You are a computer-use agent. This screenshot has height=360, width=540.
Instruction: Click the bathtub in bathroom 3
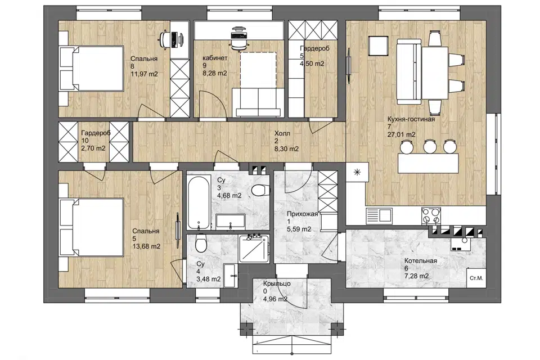pos(199,202)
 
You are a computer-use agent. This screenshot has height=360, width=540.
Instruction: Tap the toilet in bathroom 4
pos(200,243)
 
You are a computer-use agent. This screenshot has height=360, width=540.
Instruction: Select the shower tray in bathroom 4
pos(254,249)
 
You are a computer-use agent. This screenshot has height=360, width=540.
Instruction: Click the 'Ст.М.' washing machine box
pos(476,278)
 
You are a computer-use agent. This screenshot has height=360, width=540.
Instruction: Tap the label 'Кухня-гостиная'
pos(411,119)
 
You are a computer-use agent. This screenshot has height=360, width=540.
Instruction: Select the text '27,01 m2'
pos(401,134)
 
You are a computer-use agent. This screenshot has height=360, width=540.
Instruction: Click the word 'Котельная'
pos(421,261)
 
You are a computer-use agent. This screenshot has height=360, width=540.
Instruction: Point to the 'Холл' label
pos(282,133)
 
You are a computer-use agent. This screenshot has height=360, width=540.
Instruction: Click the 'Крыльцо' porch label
pos(277,284)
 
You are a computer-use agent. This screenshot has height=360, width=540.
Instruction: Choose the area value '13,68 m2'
pos(146,246)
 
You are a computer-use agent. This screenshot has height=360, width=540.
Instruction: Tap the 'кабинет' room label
pos(215,58)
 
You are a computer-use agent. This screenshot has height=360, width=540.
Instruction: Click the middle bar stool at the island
pos(430,146)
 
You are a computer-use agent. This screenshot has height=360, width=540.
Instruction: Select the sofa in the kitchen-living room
pos(409,71)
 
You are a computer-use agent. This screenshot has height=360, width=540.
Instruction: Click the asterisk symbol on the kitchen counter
pos(357,172)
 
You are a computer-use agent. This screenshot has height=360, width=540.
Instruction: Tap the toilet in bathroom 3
pos(260,190)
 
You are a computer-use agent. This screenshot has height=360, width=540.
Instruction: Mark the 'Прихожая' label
pos(303,214)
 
